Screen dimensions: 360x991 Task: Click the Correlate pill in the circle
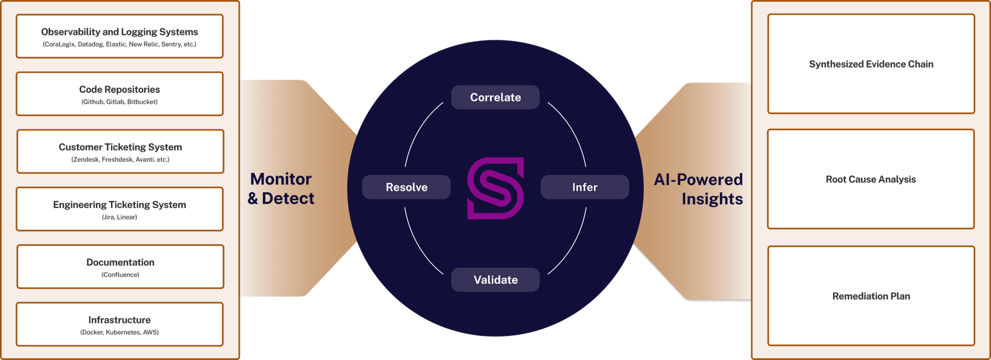(495, 97)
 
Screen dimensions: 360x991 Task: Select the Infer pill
(585, 187)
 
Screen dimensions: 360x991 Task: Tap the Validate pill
(495, 280)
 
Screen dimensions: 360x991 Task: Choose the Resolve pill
(406, 187)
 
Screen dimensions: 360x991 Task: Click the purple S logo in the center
(495, 188)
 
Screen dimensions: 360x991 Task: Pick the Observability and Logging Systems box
(120, 37)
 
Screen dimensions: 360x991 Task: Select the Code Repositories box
(120, 94)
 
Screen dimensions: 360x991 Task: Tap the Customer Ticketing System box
(120, 152)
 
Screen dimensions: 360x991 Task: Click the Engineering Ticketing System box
(120, 209)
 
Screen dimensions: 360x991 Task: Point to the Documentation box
(120, 267)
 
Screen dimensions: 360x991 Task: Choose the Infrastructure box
(120, 325)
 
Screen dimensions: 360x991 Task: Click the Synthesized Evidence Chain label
(871, 64)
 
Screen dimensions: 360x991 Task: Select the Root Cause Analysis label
(871, 180)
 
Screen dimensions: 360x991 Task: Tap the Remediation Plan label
(871, 296)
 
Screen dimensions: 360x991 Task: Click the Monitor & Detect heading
(281, 188)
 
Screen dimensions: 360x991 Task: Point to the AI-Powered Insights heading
(699, 189)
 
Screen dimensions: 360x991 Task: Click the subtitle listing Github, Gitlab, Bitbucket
(120, 102)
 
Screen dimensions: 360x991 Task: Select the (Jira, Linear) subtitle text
(120, 217)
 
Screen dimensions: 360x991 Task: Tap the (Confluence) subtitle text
(120, 275)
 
